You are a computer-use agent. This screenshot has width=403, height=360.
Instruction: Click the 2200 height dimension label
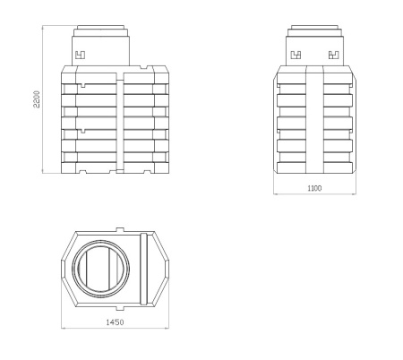coord(37,99)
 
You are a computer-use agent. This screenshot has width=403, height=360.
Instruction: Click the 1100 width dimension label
coord(314,188)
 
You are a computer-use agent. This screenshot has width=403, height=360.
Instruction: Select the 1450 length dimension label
coord(115,322)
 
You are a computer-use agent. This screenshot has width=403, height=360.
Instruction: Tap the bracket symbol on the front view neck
coord(80,56)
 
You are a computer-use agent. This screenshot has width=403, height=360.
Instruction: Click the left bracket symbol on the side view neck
coord(296,56)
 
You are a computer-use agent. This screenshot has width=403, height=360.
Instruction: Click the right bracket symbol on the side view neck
coord(334,56)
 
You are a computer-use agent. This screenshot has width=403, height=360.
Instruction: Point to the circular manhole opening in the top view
coord(101,269)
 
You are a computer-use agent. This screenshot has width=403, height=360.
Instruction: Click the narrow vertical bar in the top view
coord(143,269)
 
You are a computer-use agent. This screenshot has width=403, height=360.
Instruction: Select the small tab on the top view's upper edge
coord(120,229)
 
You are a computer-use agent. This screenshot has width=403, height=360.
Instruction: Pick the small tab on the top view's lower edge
coord(120,308)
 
